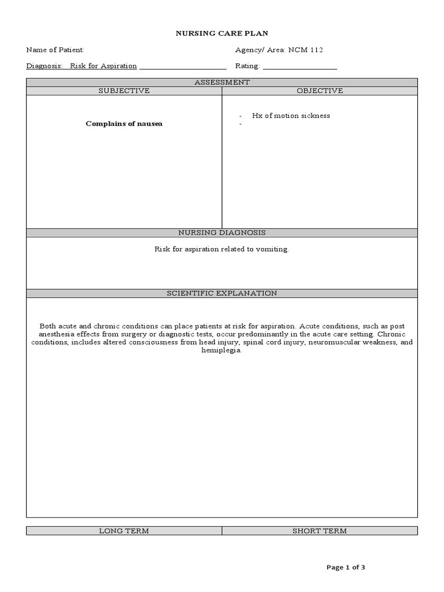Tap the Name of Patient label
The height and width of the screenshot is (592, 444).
(x=55, y=50)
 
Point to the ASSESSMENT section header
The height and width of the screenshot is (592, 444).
(x=222, y=83)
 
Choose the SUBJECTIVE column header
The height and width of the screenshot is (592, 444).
(x=124, y=91)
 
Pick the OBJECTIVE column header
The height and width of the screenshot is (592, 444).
(x=320, y=91)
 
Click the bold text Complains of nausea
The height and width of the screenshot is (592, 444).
(x=124, y=124)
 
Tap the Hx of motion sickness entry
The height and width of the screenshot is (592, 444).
(x=291, y=116)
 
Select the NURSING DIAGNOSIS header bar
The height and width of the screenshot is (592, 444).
(x=222, y=232)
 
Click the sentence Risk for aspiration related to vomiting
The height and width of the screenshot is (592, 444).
(x=221, y=249)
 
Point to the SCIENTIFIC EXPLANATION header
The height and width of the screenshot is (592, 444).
(x=222, y=293)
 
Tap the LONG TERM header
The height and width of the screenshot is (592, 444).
(x=124, y=531)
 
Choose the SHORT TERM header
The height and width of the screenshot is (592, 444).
(x=320, y=531)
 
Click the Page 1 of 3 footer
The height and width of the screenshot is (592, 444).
(x=346, y=567)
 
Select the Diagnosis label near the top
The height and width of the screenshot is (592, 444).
(x=45, y=66)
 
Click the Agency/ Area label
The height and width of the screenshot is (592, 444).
(x=257, y=50)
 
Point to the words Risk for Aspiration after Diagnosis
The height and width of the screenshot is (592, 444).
(x=103, y=66)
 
